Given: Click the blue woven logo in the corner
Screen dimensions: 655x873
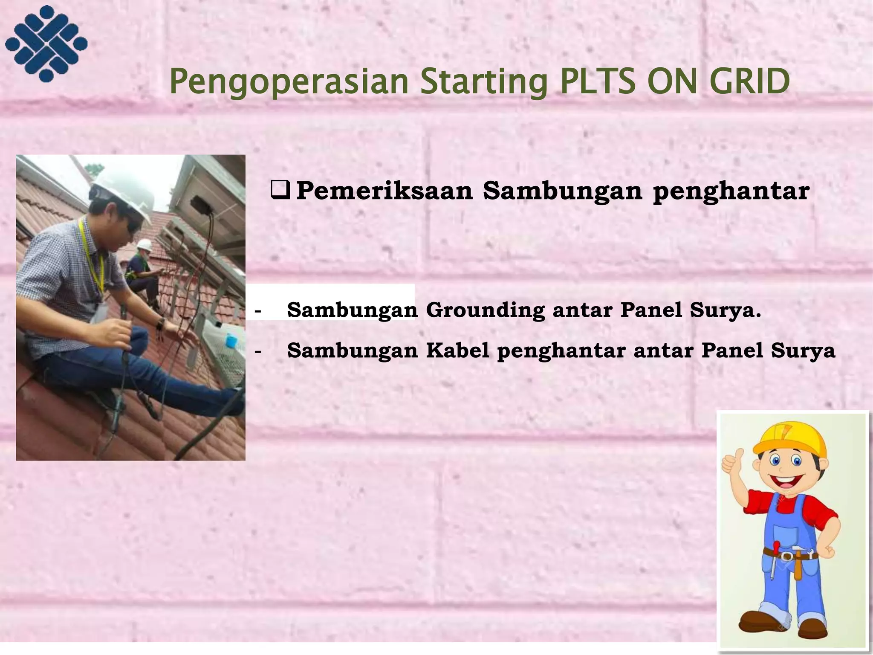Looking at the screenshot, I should (x=46, y=43).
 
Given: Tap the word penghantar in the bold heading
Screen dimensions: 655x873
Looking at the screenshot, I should (x=731, y=192).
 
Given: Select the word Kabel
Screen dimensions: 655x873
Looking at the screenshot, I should (x=457, y=351).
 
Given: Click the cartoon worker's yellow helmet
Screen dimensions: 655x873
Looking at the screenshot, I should (x=789, y=439).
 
